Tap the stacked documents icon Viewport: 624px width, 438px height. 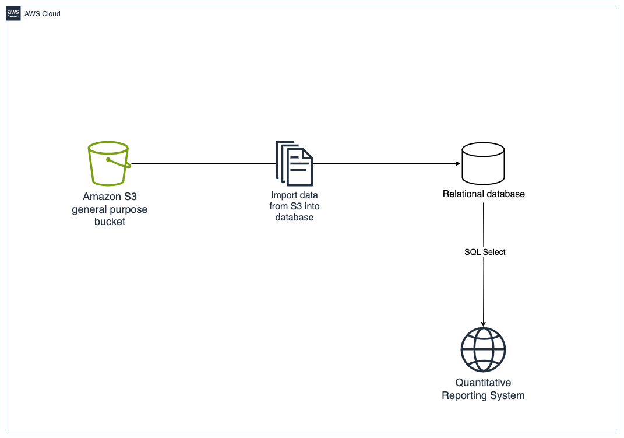294,163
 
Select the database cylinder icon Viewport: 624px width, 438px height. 483,163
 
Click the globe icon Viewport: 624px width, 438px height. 483,350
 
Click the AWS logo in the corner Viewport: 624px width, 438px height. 13,13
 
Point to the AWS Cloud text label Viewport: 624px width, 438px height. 43,14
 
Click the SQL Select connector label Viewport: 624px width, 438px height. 485,252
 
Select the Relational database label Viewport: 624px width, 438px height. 484,194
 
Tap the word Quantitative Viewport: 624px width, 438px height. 483,383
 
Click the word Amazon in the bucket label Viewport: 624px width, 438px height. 100,197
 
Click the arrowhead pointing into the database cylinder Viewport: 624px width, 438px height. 457,164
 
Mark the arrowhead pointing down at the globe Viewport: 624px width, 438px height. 483,324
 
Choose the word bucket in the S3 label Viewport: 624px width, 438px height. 110,222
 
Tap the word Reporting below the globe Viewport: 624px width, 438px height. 466,395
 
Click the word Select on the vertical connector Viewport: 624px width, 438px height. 494,252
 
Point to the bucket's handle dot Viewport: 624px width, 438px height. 108,159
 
